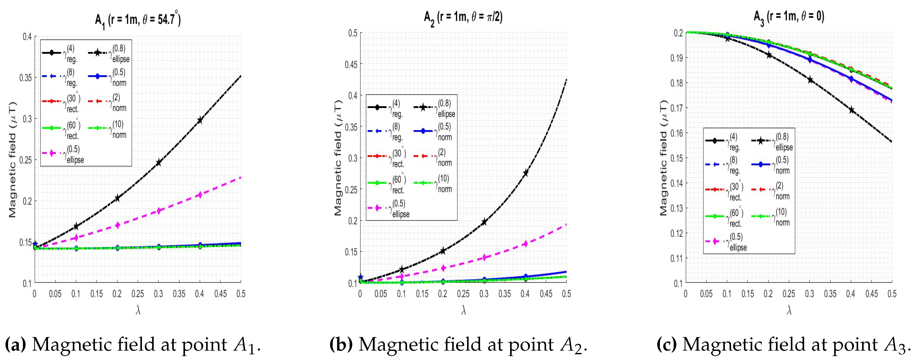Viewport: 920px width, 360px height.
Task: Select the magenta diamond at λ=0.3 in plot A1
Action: coord(159,211)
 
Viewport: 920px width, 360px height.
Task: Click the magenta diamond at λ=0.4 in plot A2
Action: coord(525,244)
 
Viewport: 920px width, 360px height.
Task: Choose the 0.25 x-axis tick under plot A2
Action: coord(463,294)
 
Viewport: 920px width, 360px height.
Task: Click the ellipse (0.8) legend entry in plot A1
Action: coord(109,53)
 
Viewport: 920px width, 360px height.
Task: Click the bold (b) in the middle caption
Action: coord(341,345)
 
